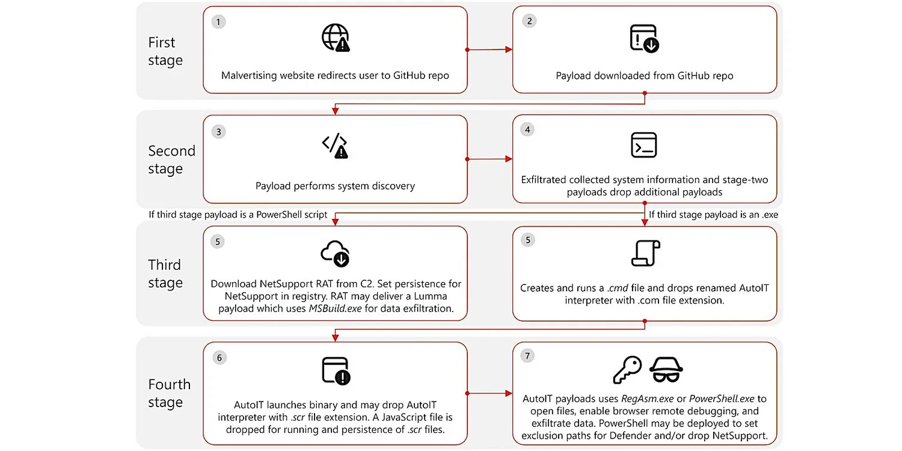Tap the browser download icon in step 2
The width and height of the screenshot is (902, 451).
(x=644, y=39)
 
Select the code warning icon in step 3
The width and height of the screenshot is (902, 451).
(x=336, y=146)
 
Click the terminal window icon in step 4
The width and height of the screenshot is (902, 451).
(x=644, y=146)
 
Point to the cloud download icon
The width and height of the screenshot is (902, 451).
(x=336, y=254)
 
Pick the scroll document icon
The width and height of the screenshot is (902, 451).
(x=645, y=253)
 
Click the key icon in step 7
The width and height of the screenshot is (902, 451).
(x=627, y=370)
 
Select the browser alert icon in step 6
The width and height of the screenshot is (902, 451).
(x=336, y=371)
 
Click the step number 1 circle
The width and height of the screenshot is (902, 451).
(x=219, y=22)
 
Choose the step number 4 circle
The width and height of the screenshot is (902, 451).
(x=527, y=129)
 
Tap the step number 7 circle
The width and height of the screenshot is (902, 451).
(x=527, y=357)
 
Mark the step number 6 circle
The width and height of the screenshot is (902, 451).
(x=219, y=358)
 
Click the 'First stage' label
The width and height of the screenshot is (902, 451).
(x=165, y=52)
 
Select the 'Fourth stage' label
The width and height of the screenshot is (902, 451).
(x=169, y=393)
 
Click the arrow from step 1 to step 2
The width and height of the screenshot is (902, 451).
(x=489, y=50)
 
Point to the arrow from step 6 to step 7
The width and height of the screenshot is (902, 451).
(x=489, y=394)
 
